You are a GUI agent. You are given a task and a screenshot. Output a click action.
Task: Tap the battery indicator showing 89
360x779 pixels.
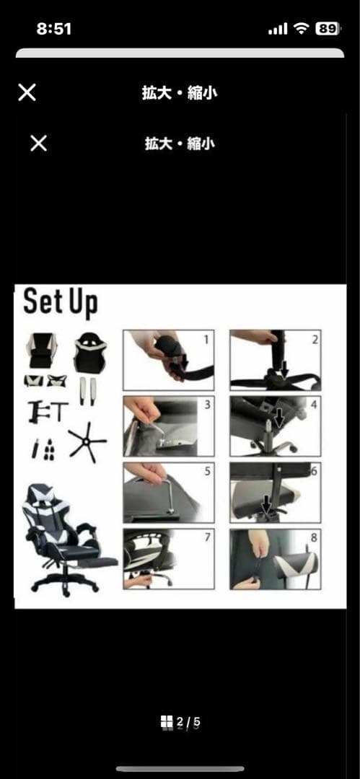pyautogui.click(x=328, y=29)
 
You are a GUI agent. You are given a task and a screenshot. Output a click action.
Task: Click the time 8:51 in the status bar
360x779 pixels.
pyautogui.click(x=53, y=29)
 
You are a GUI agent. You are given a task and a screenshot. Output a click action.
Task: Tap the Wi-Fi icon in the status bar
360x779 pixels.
pyautogui.click(x=301, y=29)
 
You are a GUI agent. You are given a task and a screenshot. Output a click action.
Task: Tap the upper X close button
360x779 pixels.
pyautogui.click(x=27, y=92)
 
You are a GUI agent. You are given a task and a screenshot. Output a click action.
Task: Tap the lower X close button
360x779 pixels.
pyautogui.click(x=38, y=144)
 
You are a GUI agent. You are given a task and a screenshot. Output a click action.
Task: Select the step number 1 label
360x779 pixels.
pyautogui.click(x=206, y=340)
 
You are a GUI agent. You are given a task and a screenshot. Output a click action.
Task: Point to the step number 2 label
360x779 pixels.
pyautogui.click(x=315, y=340)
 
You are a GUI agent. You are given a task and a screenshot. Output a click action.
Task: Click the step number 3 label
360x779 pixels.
pyautogui.click(x=207, y=405)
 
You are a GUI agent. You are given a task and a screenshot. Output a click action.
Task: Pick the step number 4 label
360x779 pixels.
pyautogui.click(x=314, y=405)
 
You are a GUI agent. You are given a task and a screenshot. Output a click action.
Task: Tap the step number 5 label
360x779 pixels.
pyautogui.click(x=207, y=472)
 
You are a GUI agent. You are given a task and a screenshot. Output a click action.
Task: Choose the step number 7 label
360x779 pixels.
pyautogui.click(x=207, y=537)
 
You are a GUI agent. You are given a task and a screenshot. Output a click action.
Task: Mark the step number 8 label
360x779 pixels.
pyautogui.click(x=315, y=537)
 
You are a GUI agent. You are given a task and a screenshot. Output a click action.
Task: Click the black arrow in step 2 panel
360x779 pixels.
pyautogui.click(x=284, y=369)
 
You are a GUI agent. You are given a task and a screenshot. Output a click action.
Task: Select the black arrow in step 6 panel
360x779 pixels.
pyautogui.click(x=268, y=503)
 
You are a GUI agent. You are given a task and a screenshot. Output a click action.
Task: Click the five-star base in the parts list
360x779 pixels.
pyautogui.click(x=87, y=442)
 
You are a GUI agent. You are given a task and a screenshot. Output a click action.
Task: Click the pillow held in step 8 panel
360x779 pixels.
pyautogui.click(x=297, y=566)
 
